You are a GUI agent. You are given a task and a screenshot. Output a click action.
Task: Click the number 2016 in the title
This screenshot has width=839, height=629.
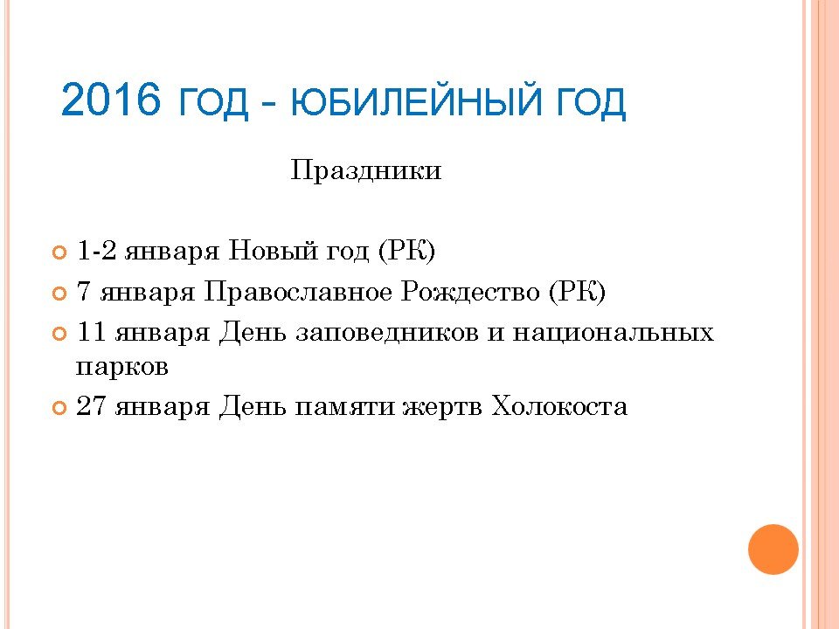pos(111,100)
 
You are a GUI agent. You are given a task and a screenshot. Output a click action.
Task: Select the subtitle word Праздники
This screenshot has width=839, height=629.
pos(366,171)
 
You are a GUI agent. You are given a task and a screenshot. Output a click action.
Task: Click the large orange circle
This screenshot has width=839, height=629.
pos(773,550)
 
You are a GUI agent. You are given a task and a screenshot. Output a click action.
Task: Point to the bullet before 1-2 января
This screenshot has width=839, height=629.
pos(59,252)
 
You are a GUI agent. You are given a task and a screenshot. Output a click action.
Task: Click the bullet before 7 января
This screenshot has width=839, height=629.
pos(59,294)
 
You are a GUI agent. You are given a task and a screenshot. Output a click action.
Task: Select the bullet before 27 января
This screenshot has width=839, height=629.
pos(59,408)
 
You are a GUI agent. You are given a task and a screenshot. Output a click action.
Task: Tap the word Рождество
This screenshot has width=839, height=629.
pos(471,292)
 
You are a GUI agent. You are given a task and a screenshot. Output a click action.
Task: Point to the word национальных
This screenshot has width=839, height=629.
pos(614,334)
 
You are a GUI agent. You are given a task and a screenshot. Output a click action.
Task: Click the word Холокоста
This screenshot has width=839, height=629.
pos(559,406)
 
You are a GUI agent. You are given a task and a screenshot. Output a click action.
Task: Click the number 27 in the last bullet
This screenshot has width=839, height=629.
pos(92,406)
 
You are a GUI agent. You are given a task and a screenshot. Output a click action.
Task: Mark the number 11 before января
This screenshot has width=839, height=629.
pos(92,332)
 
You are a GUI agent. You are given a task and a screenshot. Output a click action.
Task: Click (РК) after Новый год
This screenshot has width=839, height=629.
pos(406,251)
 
